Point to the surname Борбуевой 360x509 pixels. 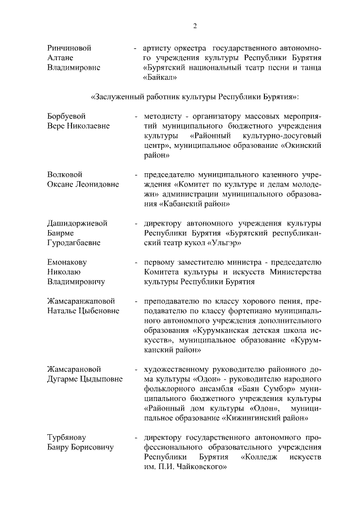68,115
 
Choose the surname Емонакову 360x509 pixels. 67,262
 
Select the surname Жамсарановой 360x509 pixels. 74,369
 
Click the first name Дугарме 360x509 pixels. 65,379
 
